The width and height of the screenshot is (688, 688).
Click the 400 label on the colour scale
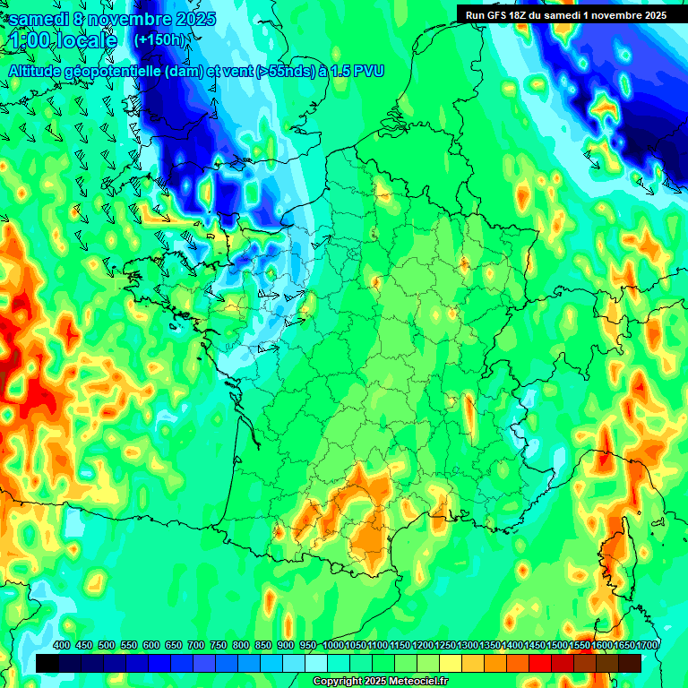coord(62,646)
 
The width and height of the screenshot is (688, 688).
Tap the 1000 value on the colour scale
coord(333,646)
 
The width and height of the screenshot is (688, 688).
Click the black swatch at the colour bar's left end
coord(47,663)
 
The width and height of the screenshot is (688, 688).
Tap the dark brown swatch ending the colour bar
coord(630,663)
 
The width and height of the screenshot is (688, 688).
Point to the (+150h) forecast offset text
coord(161,40)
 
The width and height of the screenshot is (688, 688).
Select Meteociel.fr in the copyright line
coord(423,682)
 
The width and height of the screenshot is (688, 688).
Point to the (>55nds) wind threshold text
coord(280,71)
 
